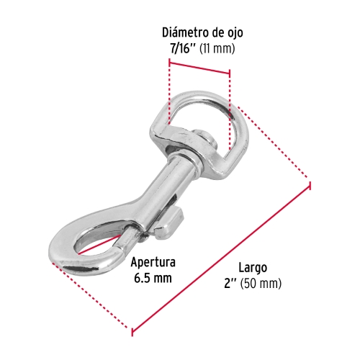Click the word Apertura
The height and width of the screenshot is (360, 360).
(x=154, y=263)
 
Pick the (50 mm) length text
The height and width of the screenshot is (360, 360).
(x=261, y=282)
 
